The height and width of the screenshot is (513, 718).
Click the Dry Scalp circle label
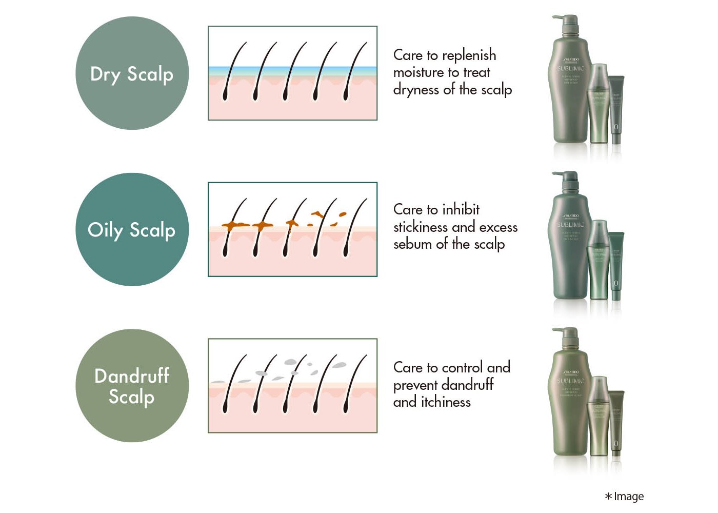tap(132, 73)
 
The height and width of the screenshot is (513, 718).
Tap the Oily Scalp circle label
tap(132, 229)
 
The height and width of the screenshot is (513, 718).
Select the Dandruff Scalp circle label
tap(132, 386)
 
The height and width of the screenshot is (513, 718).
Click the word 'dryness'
tap(416, 90)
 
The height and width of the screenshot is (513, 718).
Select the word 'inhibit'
tap(461, 209)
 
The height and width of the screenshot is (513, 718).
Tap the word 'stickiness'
tap(421, 227)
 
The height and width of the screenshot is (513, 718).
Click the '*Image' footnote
tap(624, 496)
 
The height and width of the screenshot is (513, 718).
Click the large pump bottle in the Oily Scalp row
tap(569, 246)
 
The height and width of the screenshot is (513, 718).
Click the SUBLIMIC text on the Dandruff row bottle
tap(571, 381)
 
